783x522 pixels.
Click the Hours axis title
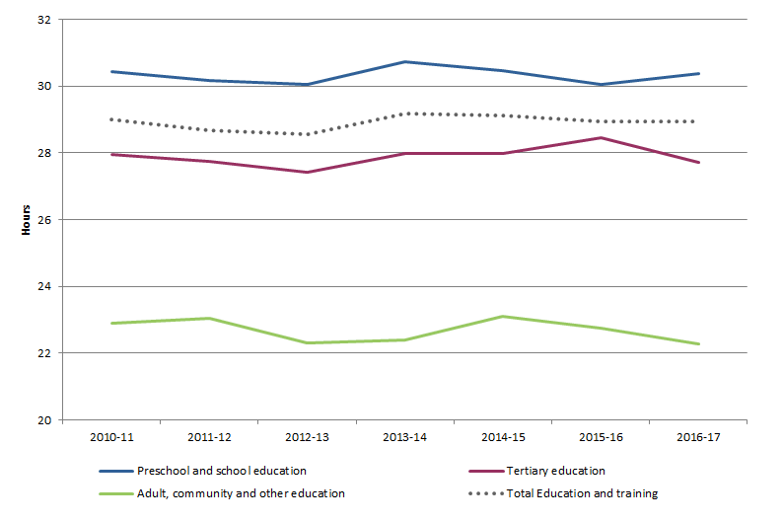pyautogui.click(x=26, y=220)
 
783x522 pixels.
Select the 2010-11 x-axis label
pyautogui.click(x=110, y=435)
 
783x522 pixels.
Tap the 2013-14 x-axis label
pyautogui.click(x=404, y=435)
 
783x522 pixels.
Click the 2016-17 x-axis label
pyautogui.click(x=698, y=435)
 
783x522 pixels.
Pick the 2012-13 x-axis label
pyautogui.click(x=307, y=435)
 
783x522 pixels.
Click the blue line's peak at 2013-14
pyautogui.click(x=404, y=62)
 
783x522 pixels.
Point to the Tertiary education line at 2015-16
pyautogui.click(x=601, y=138)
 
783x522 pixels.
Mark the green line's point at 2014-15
pyautogui.click(x=503, y=317)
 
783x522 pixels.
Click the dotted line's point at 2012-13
pyautogui.click(x=307, y=134)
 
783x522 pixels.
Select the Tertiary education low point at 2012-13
pyautogui.click(x=307, y=173)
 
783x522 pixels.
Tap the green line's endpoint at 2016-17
pyautogui.click(x=698, y=344)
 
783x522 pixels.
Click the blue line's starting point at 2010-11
pyautogui.click(x=110, y=71)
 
